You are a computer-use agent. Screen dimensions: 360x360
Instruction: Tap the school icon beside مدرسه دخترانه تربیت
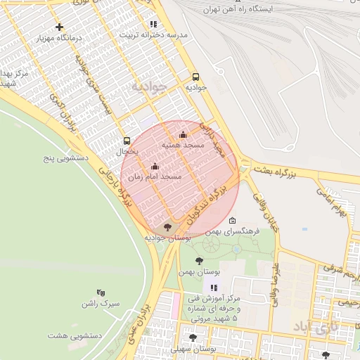(153, 24)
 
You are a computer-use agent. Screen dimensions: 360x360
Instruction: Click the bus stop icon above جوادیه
(195, 77)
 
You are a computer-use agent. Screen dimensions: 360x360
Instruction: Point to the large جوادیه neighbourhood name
(149, 86)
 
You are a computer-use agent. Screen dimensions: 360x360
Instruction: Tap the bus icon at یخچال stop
(127, 141)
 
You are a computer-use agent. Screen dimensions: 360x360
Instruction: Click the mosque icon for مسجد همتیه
(184, 134)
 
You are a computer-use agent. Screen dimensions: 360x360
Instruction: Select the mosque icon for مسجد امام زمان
(155, 167)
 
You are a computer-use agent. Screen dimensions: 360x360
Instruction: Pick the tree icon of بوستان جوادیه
(167, 227)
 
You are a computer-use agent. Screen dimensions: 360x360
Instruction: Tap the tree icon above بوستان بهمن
(200, 261)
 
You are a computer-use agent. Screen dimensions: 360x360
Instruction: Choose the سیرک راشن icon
(101, 292)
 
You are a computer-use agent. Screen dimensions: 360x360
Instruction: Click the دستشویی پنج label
(64, 158)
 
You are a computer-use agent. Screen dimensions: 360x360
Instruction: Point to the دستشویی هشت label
(75, 335)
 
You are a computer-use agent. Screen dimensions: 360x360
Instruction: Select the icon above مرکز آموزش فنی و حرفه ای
(214, 288)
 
